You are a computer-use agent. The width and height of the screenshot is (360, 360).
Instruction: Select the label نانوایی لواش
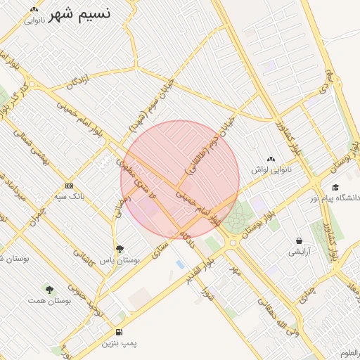[271, 170]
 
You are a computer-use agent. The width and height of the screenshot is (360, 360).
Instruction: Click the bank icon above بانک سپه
[69, 186]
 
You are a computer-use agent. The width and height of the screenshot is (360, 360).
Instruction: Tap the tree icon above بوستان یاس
[120, 249]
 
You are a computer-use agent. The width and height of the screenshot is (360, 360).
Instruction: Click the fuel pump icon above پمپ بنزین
[119, 332]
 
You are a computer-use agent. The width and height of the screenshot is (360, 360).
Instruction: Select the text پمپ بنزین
[119, 343]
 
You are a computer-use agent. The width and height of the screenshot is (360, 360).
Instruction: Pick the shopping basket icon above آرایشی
[300, 240]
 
